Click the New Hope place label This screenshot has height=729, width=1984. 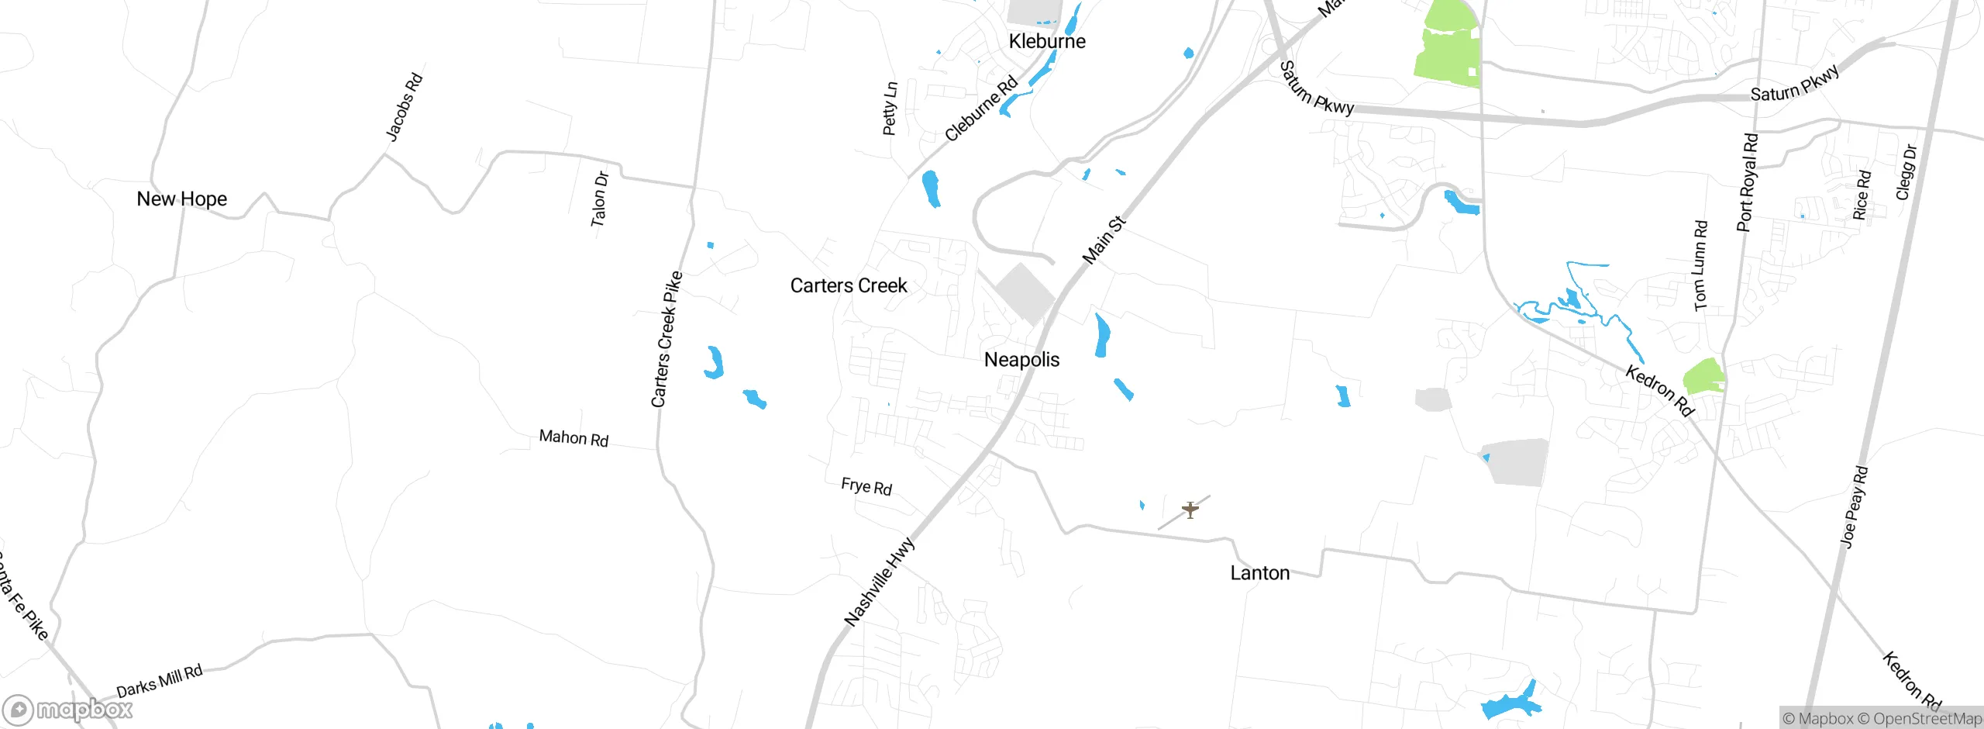coord(181,199)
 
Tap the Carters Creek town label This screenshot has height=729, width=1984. coord(849,286)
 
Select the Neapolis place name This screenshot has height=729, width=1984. coord(1021,360)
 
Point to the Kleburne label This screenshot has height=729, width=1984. coord(1047,42)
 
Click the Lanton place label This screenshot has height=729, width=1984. coord(1260,573)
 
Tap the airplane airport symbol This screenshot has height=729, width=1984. coord(1190,510)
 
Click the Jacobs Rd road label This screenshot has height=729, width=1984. coord(404,107)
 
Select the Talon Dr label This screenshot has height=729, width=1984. coord(600,199)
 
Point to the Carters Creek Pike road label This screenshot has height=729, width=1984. coord(666,339)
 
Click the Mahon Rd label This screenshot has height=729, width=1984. coord(573,438)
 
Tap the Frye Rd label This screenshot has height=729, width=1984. coord(866,486)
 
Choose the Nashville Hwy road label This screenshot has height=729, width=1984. coord(879,582)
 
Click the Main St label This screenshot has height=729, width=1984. coord(1104,240)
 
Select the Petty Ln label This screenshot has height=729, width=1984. coord(890,109)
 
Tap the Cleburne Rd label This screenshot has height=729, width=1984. coord(981,109)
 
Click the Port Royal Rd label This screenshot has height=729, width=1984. coord(1748,183)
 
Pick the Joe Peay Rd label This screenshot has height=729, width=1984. coord(1854,507)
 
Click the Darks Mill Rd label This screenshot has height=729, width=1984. coord(160,681)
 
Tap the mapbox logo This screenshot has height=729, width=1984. coord(68,710)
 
